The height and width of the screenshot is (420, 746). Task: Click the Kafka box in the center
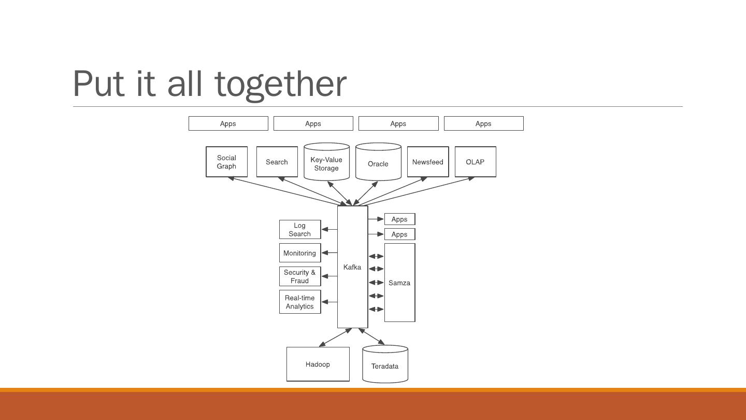coord(352,267)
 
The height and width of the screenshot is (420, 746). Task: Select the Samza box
coord(399,283)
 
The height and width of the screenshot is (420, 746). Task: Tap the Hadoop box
coord(318,364)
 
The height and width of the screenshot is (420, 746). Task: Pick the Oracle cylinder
coord(378,163)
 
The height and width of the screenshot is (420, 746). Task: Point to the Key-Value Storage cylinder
coord(326,163)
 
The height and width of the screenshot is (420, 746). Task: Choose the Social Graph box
coord(226,162)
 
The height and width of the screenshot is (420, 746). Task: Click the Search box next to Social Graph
coord(277,162)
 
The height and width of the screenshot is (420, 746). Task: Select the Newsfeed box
coord(427,162)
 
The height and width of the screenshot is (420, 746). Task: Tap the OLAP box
coord(475,162)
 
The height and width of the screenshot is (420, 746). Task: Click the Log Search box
coord(299,229)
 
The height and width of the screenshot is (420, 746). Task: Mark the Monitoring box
coord(299,253)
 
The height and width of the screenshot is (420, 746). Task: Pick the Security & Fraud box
coord(299,276)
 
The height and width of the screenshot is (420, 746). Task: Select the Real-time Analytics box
coord(299,302)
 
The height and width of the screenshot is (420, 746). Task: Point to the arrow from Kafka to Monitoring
coord(329,253)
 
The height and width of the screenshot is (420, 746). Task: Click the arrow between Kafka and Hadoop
coord(336,337)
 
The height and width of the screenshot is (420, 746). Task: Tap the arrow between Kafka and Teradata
coord(371,336)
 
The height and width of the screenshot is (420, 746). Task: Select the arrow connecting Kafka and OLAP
coord(414,191)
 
